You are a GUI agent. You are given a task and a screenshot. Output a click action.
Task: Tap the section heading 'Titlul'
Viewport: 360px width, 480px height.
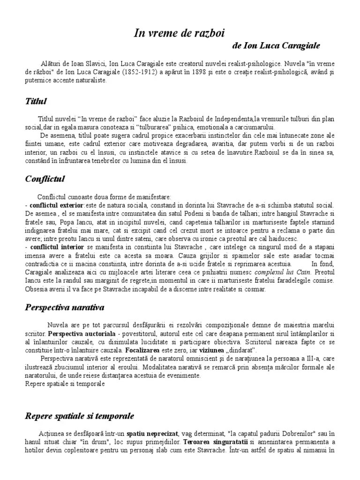pyautogui.click(x=36, y=101)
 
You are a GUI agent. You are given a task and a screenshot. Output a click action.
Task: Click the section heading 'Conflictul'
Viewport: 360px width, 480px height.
pyautogui.click(x=45, y=179)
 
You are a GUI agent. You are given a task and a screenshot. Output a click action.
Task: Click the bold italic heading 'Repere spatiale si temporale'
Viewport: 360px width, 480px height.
pyautogui.click(x=79, y=416)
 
